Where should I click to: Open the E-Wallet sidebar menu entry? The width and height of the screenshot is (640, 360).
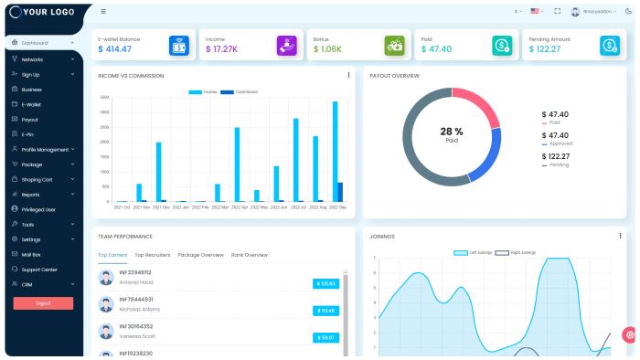tap(32, 104)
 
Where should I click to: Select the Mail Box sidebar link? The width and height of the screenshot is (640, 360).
tap(32, 254)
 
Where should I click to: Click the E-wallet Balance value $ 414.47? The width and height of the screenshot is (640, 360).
tap(115, 49)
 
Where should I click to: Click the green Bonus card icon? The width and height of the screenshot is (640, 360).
tap(394, 45)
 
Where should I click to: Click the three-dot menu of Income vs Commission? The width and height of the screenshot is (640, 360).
tap(348, 75)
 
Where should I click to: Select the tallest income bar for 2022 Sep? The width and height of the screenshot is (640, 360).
tap(335, 151)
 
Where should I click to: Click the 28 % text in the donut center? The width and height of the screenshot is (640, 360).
tap(452, 132)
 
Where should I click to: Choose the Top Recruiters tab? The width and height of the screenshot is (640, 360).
tap(153, 255)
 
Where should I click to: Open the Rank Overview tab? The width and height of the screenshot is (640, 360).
tap(250, 255)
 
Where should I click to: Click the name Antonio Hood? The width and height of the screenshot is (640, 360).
tap(136, 282)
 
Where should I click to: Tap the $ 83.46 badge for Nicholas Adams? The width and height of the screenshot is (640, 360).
tap(325, 311)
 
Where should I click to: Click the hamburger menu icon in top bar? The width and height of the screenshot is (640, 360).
tap(103, 12)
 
